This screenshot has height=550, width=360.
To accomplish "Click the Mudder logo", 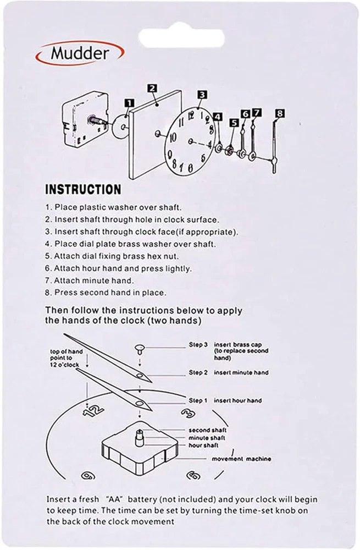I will (80, 53).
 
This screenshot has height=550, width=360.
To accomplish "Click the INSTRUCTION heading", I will (82, 190).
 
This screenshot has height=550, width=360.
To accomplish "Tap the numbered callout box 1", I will (129, 103).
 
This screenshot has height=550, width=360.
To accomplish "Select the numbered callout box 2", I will (153, 89).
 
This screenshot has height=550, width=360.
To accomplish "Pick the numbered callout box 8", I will (280, 113).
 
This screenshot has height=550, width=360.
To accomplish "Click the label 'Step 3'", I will (198, 345).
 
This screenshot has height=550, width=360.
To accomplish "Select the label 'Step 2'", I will (198, 372).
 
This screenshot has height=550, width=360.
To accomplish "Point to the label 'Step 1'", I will (198, 400).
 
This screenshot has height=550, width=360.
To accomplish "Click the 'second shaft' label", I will (208, 430).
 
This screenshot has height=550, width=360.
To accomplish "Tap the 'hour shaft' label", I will (204, 444).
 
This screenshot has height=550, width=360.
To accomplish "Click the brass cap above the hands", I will (140, 347).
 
